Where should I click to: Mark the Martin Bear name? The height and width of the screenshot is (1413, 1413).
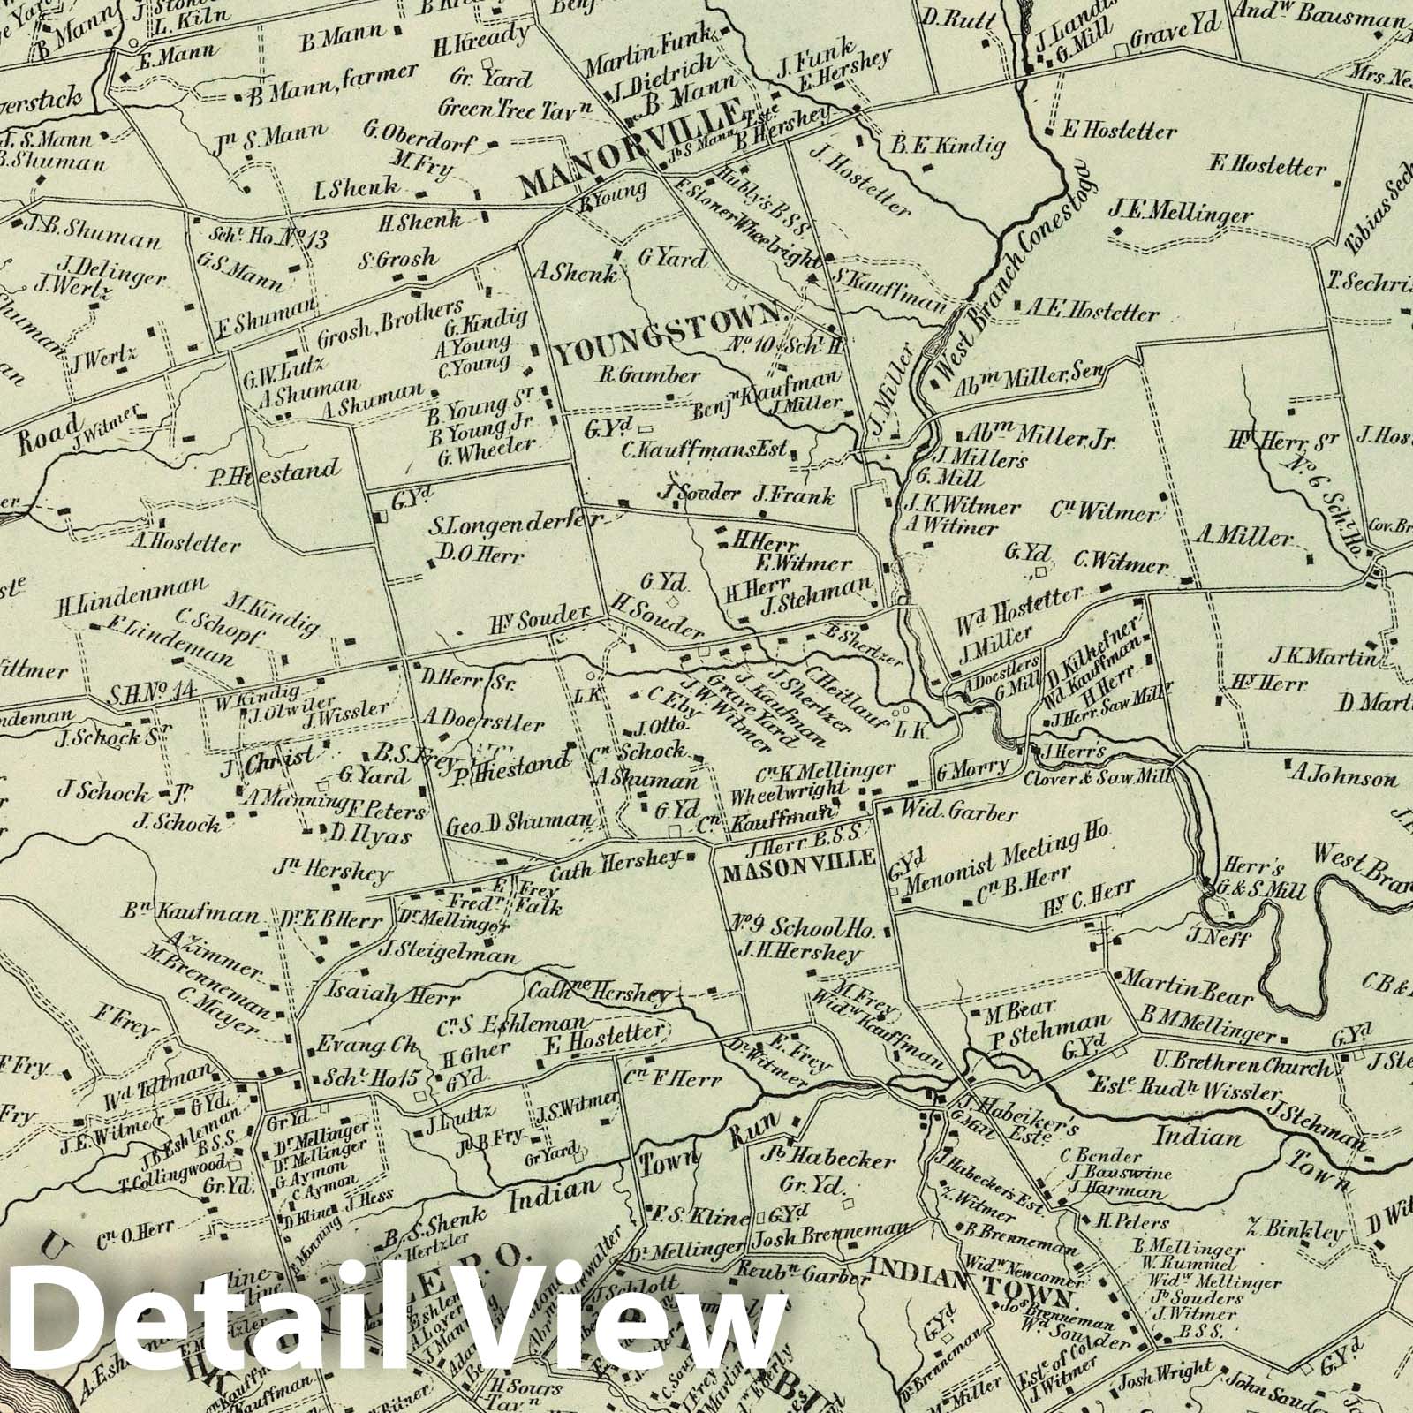1187,987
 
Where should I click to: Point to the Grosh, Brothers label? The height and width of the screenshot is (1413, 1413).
389,327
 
